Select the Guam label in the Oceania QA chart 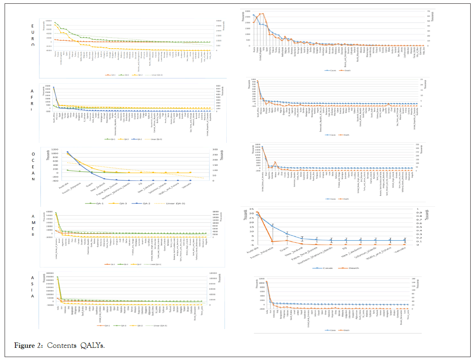click(89, 184)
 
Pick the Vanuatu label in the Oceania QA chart click(187, 185)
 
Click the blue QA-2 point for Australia click(67, 152)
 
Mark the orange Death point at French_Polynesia click(272, 242)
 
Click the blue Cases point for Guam click(287, 234)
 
